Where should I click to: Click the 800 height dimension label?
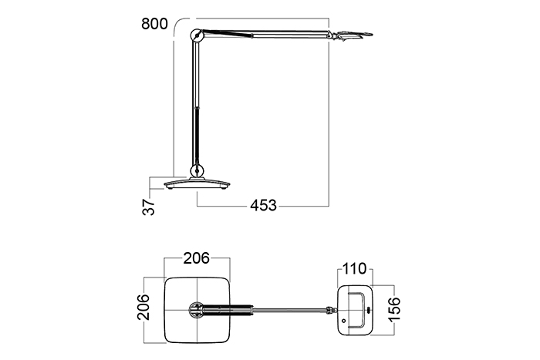pyautogui.click(x=154, y=24)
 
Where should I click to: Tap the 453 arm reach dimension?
pyautogui.click(x=263, y=206)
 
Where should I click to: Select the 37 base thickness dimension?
pyautogui.click(x=148, y=207)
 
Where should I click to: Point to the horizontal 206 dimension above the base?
pyautogui.click(x=196, y=258)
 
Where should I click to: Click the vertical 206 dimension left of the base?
pyautogui.click(x=143, y=307)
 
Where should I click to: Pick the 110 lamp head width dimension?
pyautogui.click(x=354, y=268)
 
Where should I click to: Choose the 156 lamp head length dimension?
pyautogui.click(x=394, y=309)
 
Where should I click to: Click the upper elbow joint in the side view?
pyautogui.click(x=197, y=35)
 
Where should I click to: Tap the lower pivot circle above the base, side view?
pyautogui.click(x=197, y=170)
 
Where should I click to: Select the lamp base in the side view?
pyautogui.click(x=197, y=183)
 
